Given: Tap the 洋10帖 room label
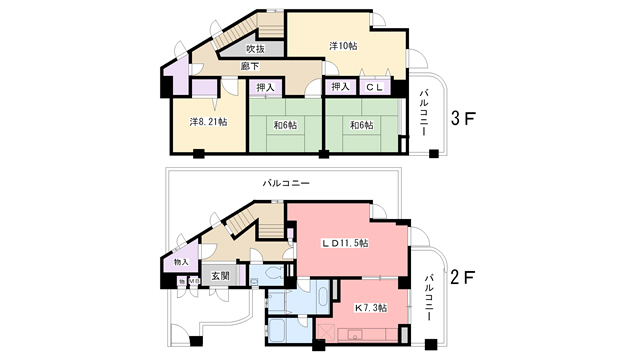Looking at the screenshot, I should [343, 45].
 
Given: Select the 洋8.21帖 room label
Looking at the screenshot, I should [208, 122].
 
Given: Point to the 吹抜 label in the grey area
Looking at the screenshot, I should [255, 49].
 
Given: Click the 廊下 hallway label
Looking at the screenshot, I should [250, 66].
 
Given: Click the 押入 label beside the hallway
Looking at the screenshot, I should [264, 88].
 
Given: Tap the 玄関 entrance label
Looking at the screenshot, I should [220, 275].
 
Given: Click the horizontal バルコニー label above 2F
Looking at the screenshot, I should [286, 184].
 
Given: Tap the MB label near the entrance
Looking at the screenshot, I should [193, 283].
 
